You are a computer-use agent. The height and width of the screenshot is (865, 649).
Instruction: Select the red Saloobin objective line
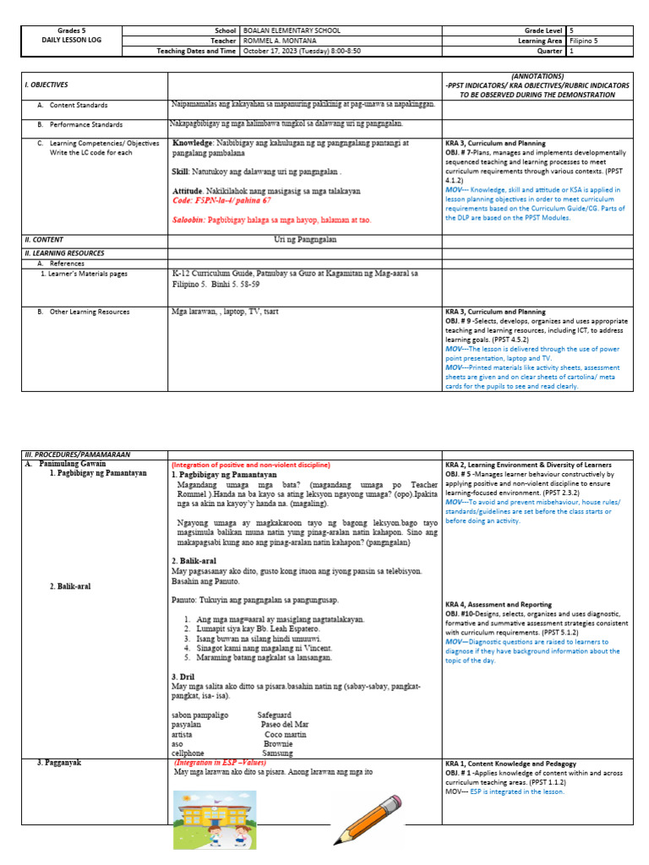point(271,220)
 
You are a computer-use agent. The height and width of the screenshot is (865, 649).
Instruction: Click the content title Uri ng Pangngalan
point(305,240)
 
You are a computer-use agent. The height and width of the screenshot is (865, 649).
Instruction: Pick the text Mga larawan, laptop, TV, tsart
point(225,312)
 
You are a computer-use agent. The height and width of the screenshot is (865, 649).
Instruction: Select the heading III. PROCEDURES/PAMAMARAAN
point(78,454)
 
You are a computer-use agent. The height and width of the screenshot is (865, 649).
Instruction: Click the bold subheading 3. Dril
point(184,677)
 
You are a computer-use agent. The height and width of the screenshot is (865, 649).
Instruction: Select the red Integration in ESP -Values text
point(219,762)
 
